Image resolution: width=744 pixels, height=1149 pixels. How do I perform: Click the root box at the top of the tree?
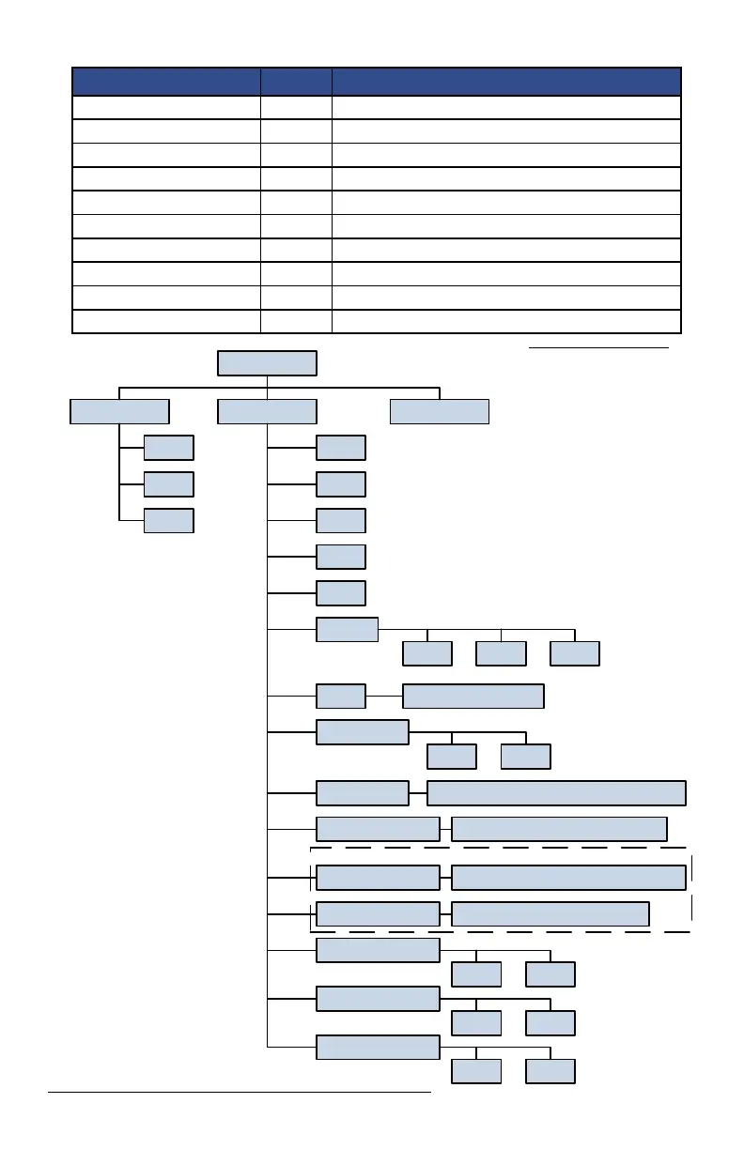[267, 363]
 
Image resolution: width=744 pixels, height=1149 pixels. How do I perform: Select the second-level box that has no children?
[440, 411]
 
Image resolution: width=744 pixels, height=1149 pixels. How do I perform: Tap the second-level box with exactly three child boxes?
[120, 411]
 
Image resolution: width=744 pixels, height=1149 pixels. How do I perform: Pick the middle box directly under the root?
[267, 411]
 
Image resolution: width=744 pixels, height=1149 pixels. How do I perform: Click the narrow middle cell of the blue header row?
[296, 81]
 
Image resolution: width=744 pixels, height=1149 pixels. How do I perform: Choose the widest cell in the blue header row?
[506, 81]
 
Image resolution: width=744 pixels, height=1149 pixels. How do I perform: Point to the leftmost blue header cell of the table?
[166, 81]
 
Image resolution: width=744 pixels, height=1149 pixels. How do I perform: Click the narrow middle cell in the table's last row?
[296, 321]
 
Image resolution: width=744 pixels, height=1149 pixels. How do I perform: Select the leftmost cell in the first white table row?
[166, 107]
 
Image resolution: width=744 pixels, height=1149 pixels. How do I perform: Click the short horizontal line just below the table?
[598, 346]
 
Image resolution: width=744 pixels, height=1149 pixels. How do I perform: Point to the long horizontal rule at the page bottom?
[239, 1092]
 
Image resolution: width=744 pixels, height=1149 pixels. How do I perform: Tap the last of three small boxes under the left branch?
[169, 520]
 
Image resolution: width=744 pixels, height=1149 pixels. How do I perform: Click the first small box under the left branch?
[169, 448]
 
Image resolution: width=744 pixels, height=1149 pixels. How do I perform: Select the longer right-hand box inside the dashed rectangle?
[568, 878]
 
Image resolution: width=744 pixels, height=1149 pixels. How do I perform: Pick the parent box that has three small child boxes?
[348, 629]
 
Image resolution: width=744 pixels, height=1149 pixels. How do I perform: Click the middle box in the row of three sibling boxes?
[501, 653]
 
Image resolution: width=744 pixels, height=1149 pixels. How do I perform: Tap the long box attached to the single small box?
[473, 697]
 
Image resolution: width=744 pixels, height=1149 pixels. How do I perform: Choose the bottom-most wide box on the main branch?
[378, 1047]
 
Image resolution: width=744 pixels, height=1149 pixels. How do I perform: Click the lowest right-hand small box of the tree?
[550, 1071]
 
